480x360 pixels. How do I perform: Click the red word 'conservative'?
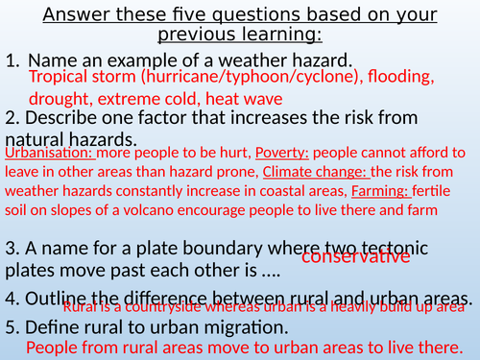[356, 256]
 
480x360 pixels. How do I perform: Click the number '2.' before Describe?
[12, 118]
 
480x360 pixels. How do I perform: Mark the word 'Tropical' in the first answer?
[60, 77]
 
